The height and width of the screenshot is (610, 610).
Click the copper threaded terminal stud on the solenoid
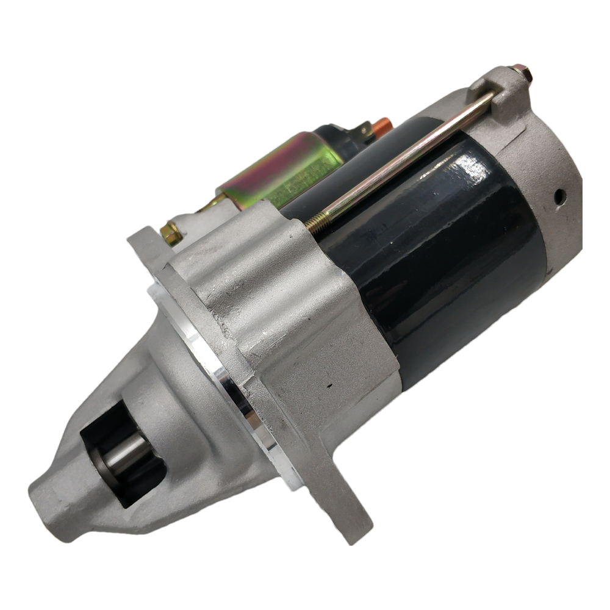pos(382,124)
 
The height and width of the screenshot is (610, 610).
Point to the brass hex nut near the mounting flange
pos(170,232)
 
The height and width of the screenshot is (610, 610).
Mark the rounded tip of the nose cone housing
pos(52,503)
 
